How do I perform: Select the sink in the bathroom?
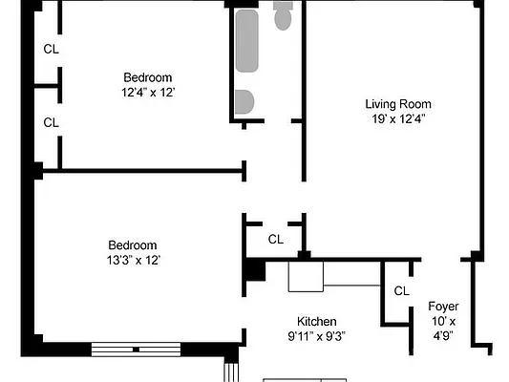click(245, 102)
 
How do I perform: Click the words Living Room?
click(398, 104)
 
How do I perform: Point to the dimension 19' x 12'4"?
click(398, 119)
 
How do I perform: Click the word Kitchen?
click(316, 322)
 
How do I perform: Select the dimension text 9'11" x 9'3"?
click(316, 337)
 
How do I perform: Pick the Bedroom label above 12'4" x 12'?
click(147, 77)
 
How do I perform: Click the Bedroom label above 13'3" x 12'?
click(132, 245)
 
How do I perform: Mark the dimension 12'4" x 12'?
click(147, 93)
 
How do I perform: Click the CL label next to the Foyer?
click(401, 291)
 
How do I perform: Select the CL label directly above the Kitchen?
click(275, 240)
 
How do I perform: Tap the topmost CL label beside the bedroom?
click(51, 50)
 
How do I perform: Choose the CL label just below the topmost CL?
click(51, 122)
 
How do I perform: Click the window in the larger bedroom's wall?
click(136, 350)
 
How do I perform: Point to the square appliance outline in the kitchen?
click(307, 277)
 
